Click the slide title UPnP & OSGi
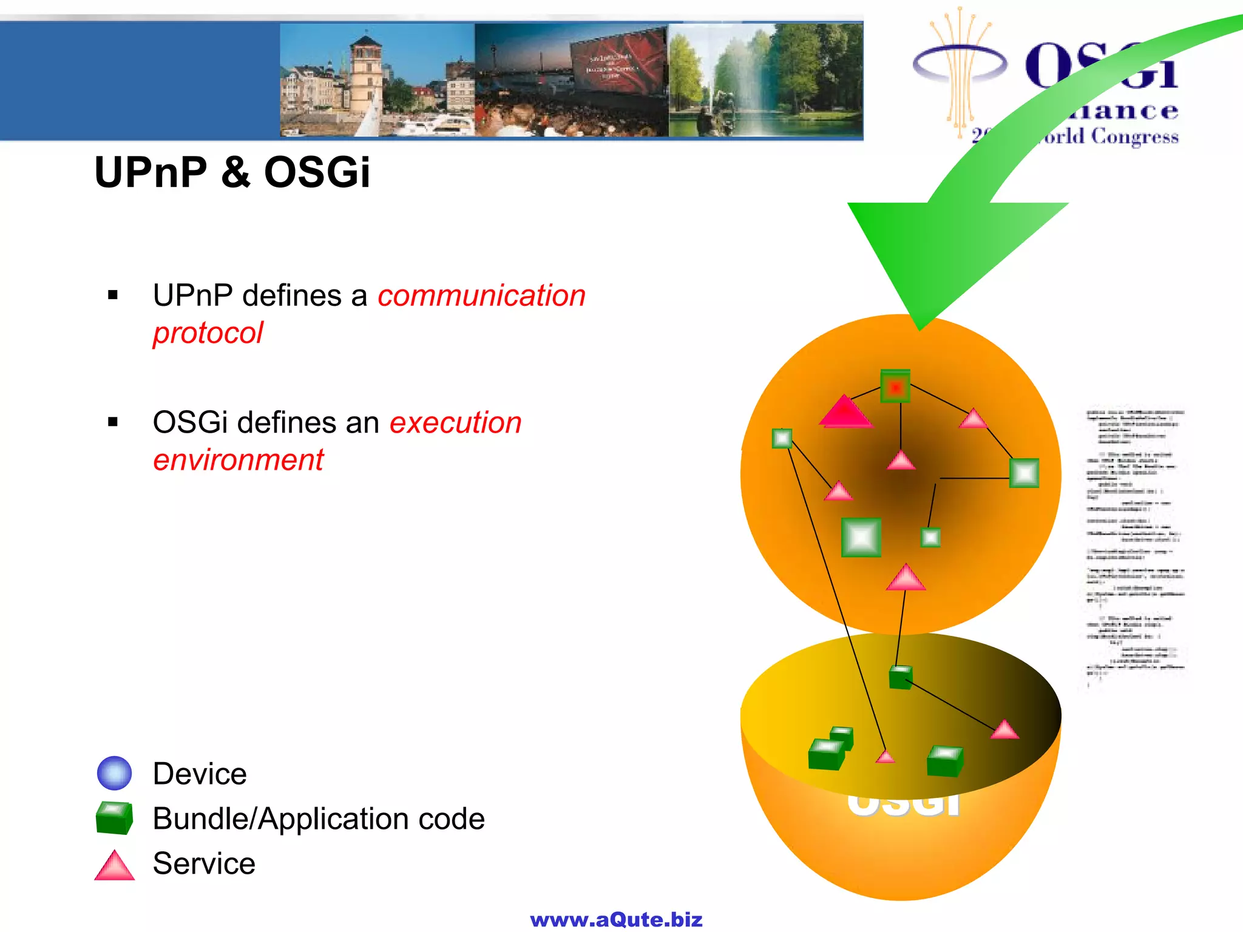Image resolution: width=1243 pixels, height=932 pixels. point(232,172)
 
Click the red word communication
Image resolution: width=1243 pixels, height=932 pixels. point(481,296)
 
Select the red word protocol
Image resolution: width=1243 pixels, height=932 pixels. point(208,333)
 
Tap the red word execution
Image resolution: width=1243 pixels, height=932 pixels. point(455,422)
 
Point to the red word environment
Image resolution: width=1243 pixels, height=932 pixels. point(238,460)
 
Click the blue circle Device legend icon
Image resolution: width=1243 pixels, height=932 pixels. point(114,773)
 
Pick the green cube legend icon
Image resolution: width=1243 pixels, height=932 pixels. point(114,817)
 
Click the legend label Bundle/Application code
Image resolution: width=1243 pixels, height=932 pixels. point(319,819)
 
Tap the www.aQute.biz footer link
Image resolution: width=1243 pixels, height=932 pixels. point(616,919)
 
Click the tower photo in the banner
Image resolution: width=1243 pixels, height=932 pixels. point(376,80)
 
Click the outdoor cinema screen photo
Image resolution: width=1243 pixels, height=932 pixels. point(571,80)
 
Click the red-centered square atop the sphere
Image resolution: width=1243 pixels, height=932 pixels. point(895,387)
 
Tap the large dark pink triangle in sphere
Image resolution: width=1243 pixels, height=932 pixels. point(844,411)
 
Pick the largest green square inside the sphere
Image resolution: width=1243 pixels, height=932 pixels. point(861,537)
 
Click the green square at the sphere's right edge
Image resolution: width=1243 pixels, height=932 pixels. point(1024,473)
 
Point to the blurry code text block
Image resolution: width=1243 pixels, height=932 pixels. point(1134,546)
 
